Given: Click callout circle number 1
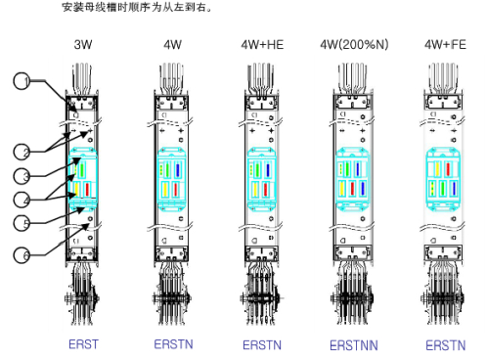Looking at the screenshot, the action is click(x=22, y=81).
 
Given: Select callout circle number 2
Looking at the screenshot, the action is click(x=22, y=152).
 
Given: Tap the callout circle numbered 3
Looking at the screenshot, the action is click(x=22, y=176).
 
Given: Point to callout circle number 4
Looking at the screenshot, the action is click(x=22, y=200).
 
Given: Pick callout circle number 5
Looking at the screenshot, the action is click(x=22, y=223).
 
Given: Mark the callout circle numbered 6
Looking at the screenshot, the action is click(x=22, y=255).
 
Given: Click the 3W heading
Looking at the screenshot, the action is click(x=83, y=45).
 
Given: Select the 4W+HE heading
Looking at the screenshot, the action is click(x=262, y=45).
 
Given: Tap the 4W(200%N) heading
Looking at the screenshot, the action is click(x=354, y=45).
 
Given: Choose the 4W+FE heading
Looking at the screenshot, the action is click(x=445, y=45).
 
